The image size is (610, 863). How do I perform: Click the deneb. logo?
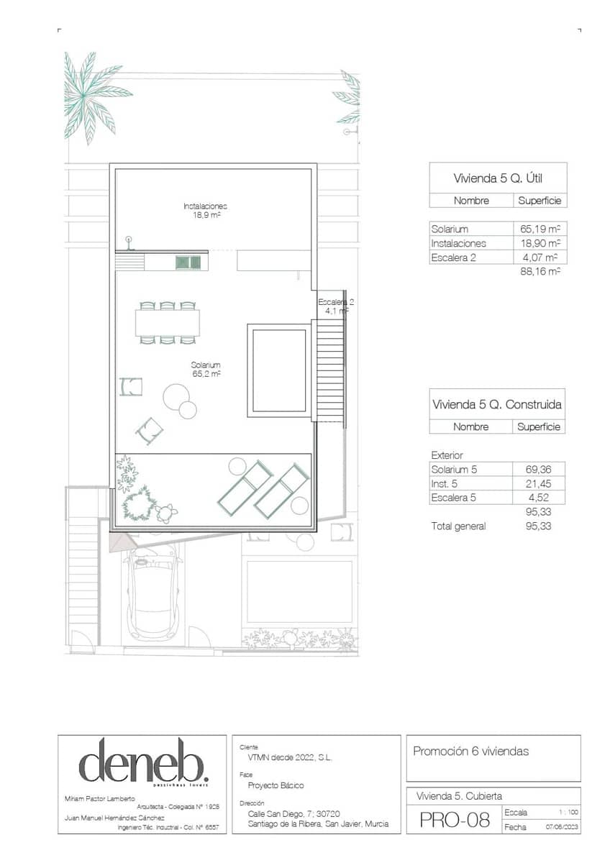144,761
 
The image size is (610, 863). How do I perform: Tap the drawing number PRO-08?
455,820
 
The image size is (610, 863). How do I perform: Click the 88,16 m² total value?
540,272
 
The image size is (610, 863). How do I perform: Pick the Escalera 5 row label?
456,497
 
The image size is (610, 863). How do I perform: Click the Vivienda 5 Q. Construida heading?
497,404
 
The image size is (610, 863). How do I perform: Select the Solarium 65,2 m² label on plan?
206,370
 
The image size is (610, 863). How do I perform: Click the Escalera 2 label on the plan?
335,306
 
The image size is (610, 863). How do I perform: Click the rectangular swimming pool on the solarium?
279,370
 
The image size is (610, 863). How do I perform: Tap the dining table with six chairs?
167,322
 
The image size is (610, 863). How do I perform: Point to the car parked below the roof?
152,593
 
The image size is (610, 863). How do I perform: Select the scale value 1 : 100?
568,812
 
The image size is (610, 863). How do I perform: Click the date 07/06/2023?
561,827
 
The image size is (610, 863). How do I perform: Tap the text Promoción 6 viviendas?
470,752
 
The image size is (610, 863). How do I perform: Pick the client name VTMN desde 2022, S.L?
286,758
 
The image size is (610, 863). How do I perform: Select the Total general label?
458,526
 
